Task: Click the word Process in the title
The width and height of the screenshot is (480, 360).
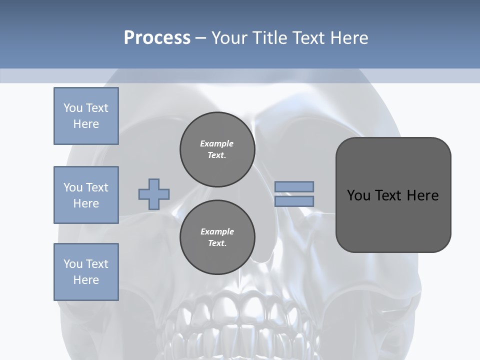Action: tap(157, 38)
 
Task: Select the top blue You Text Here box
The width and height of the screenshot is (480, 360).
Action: tap(86, 116)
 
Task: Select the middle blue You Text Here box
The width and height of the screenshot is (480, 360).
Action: tap(86, 195)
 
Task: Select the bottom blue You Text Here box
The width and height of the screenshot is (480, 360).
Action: tap(86, 271)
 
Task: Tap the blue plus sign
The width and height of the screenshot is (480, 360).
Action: tap(153, 194)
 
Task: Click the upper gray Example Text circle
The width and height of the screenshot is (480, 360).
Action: tap(217, 149)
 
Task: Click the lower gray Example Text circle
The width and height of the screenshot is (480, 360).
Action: tap(217, 237)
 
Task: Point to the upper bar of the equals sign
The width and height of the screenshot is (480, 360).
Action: tap(294, 186)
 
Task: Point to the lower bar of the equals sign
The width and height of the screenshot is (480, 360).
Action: tap(294, 201)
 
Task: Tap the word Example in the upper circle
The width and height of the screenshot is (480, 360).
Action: tap(216, 143)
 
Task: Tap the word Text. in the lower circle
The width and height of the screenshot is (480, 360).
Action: tap(217, 243)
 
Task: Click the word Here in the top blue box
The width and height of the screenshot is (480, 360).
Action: tap(86, 124)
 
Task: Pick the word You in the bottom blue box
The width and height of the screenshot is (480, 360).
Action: tap(73, 263)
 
